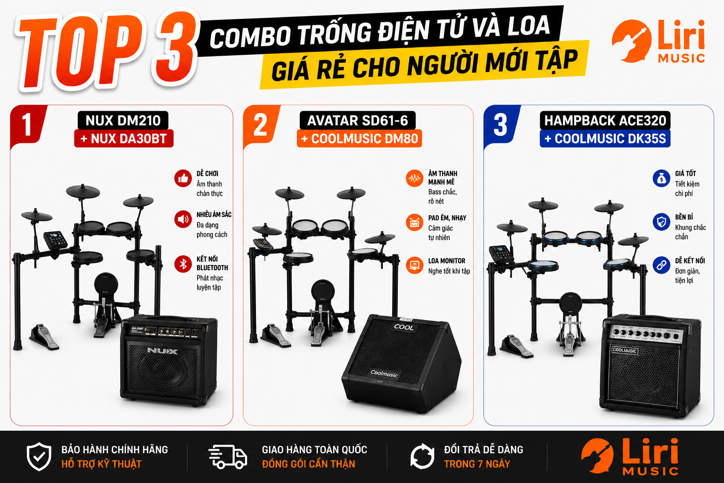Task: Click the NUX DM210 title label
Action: [123, 120]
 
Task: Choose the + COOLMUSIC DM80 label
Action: [360, 139]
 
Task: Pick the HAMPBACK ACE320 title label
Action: [605, 120]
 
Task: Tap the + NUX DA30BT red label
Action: [124, 139]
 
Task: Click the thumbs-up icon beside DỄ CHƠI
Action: [183, 178]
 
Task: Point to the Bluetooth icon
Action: [183, 264]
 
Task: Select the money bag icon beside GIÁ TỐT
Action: [661, 178]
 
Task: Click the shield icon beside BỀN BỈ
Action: [661, 222]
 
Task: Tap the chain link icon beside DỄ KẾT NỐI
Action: [661, 265]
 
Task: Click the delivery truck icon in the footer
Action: [228, 457]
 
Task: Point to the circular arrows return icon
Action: [422, 457]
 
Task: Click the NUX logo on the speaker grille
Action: [162, 350]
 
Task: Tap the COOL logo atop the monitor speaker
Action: [403, 327]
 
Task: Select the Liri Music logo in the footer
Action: [630, 457]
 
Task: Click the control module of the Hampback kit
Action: [500, 253]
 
